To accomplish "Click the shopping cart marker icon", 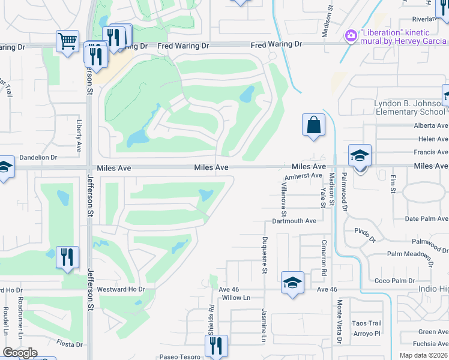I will tap(68, 41).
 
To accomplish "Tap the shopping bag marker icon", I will tap(313, 125).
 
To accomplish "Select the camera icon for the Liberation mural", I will tap(351, 36).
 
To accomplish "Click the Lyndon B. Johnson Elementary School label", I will tap(410, 107).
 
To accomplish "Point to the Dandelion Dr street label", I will tap(38, 157).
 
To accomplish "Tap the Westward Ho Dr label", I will tap(121, 289).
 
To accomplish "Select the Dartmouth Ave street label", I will tap(294, 221).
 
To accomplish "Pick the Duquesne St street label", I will tap(264, 254).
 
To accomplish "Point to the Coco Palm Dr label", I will tap(394, 281).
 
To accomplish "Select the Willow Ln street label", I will tap(235, 298).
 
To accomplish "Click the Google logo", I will tap(20, 353).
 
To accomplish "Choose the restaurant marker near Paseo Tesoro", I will tap(216, 345).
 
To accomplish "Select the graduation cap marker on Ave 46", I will tap(292, 282).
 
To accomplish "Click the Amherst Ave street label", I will tap(304, 176).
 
